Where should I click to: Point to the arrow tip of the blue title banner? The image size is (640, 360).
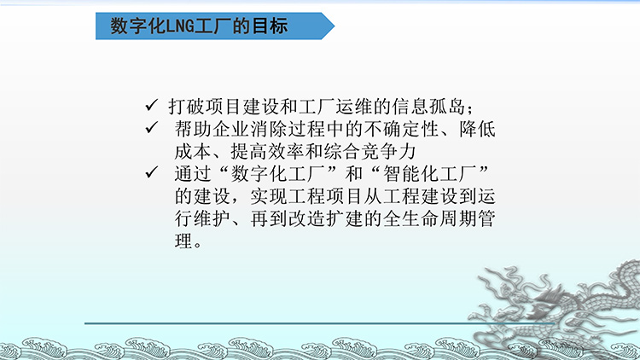tap(335, 26)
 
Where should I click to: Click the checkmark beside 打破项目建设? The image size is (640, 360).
tap(151, 105)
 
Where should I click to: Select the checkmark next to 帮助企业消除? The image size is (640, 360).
tap(151, 128)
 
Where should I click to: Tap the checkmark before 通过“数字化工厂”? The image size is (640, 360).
tap(151, 172)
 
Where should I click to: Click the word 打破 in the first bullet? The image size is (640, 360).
tap(187, 107)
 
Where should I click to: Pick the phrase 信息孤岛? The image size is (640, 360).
tap(428, 107)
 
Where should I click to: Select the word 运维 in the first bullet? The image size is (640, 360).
tap(354, 107)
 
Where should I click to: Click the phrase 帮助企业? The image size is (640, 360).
tap(212, 130)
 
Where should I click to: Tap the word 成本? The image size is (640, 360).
tap(193, 152)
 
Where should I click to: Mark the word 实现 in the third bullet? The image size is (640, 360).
tap(268, 196)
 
